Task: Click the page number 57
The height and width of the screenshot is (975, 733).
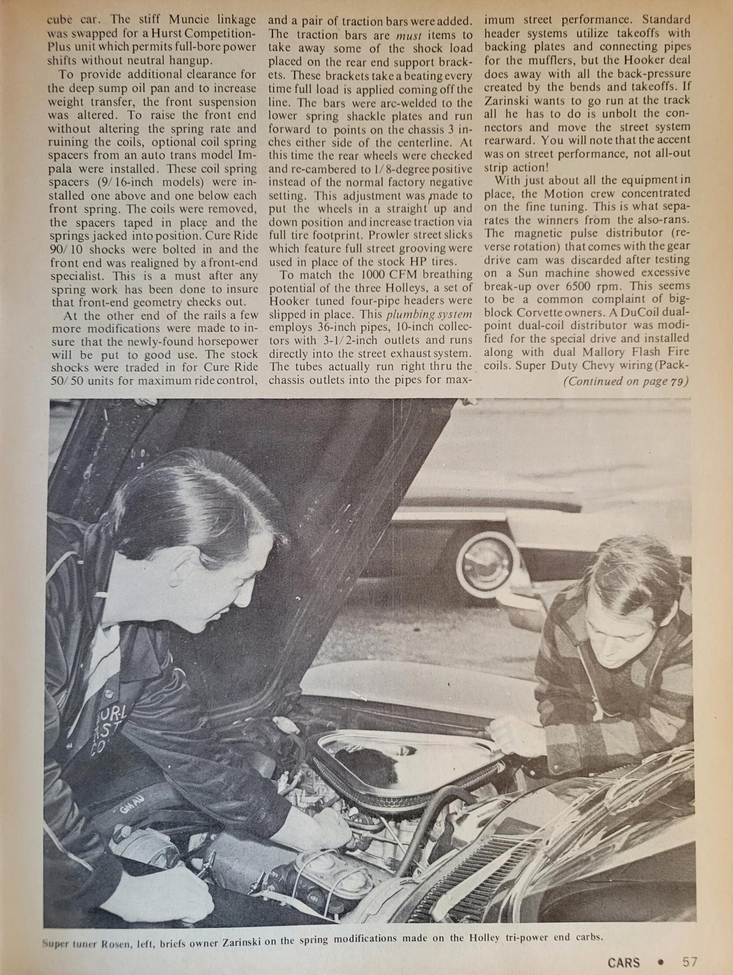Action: pyautogui.click(x=689, y=961)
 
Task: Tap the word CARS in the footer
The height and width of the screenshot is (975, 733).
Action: pyautogui.click(x=624, y=962)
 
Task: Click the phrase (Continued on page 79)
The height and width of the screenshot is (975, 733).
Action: pyautogui.click(x=626, y=381)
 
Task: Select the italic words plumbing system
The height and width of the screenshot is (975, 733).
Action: pyautogui.click(x=429, y=314)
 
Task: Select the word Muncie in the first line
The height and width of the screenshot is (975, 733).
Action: pyautogui.click(x=189, y=20)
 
